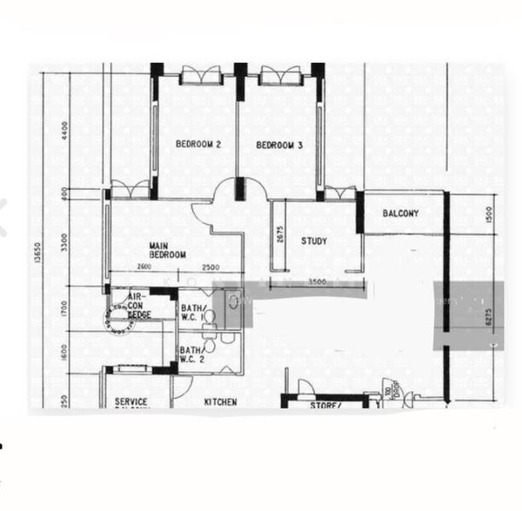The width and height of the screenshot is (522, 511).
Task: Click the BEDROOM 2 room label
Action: click(x=198, y=145)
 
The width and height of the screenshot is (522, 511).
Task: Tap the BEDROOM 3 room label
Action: click(x=279, y=146)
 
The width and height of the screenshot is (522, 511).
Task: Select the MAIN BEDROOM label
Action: click(x=167, y=250)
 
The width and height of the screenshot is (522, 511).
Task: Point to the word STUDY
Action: click(x=314, y=241)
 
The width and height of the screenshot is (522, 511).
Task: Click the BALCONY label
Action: click(x=400, y=213)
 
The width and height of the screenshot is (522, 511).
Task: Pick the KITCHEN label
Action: click(x=220, y=402)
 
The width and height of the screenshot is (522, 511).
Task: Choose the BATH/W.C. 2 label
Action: click(x=190, y=354)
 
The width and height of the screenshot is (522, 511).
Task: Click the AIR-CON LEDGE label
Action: click(x=138, y=305)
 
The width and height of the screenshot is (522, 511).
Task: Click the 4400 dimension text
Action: click(x=64, y=130)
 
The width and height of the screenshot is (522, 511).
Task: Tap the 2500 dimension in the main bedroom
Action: click(x=211, y=269)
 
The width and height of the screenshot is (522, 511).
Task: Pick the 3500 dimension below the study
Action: click(x=317, y=281)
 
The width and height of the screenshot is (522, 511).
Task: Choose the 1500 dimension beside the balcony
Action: click(x=489, y=214)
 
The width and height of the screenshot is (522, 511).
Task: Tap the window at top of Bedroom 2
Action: click(x=201, y=75)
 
